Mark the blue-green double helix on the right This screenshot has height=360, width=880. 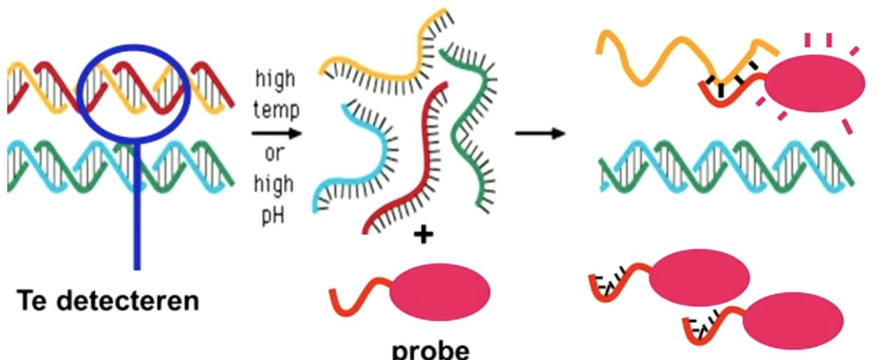point(726,166)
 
